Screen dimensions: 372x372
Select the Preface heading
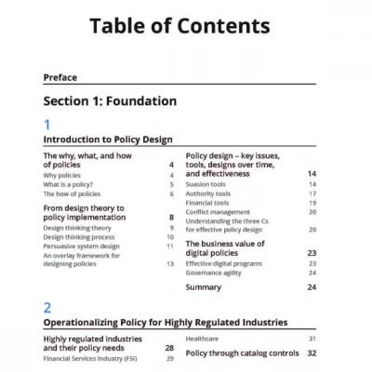[x=60, y=77]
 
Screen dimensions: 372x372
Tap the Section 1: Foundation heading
[x=110, y=100]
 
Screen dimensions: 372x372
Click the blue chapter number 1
[x=48, y=124]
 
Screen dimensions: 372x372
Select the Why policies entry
[x=62, y=175]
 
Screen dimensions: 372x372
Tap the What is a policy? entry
[x=71, y=184]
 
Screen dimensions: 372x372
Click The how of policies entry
[x=73, y=193]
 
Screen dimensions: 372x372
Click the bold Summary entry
[x=204, y=287]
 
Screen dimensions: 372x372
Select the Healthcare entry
[x=206, y=339]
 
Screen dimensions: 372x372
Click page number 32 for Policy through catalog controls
[x=312, y=353]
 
